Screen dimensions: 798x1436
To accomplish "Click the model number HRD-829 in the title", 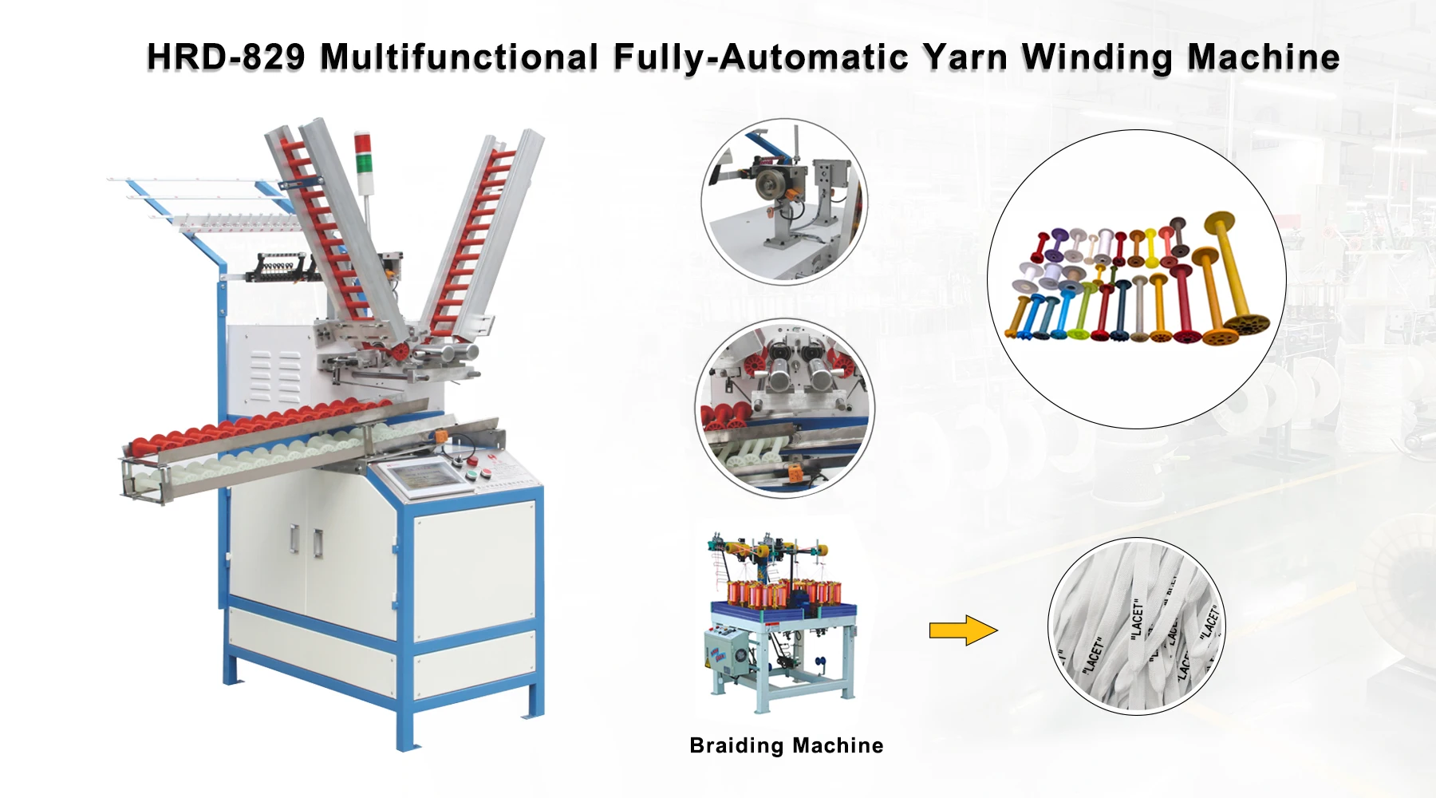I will pyautogui.click(x=226, y=57).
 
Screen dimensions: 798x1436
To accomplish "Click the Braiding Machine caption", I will pyautogui.click(x=786, y=745).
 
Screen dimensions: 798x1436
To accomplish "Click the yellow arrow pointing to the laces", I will pyautogui.click(x=963, y=630).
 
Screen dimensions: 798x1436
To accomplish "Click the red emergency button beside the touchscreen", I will pyautogui.click(x=471, y=460).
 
